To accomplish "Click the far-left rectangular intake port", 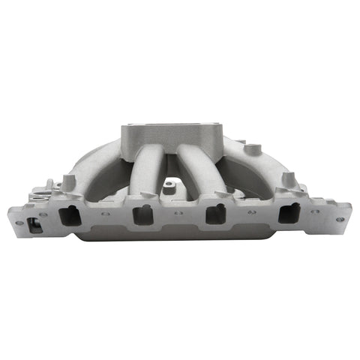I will pyautogui.click(x=70, y=215).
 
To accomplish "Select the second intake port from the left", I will pyautogui.click(x=142, y=216).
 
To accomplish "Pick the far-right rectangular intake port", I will pyautogui.click(x=287, y=214).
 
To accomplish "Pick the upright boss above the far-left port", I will pyautogui.click(x=69, y=182).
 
